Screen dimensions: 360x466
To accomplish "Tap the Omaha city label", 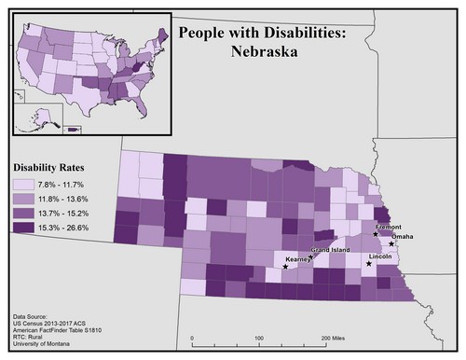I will coord(404,237).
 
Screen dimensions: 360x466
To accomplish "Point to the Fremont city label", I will coord(388,227).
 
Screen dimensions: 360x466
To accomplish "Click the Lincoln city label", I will coord(380,255).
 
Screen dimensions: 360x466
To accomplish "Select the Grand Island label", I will coord(331,251).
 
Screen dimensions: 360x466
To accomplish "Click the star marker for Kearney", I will coord(285,267).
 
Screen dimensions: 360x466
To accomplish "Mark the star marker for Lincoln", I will coord(369,264).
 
